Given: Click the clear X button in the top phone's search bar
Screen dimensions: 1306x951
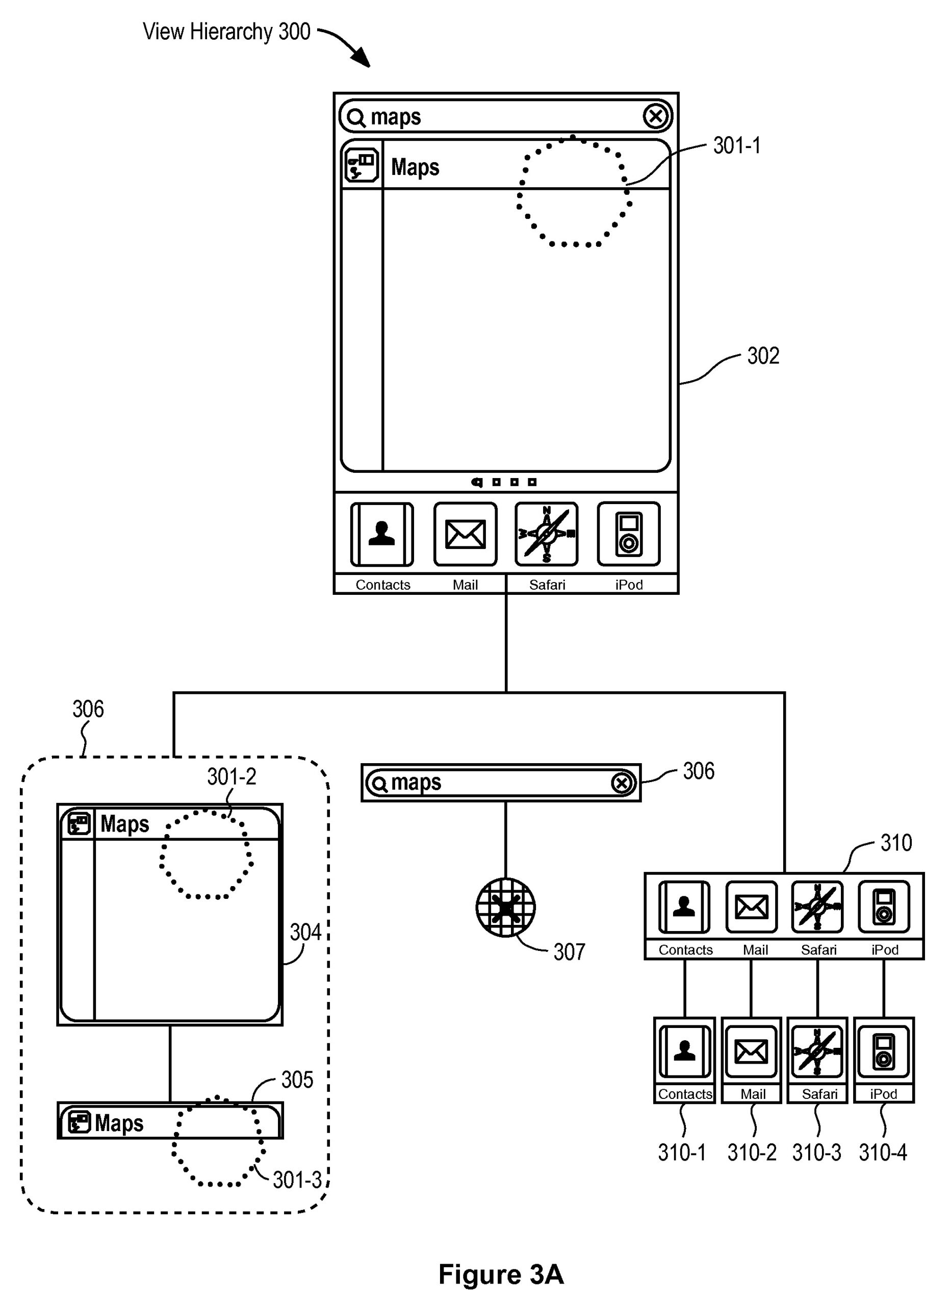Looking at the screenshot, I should click(656, 117).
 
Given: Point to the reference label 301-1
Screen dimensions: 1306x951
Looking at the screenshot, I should click(736, 146).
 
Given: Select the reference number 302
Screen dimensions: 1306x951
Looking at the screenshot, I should click(763, 356).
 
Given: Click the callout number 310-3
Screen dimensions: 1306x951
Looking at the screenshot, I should click(816, 1153).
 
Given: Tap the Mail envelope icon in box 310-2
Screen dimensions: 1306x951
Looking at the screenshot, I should click(751, 1051).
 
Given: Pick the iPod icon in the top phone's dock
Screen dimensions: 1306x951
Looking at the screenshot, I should click(628, 534).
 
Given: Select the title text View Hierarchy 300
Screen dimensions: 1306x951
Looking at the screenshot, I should click(226, 32).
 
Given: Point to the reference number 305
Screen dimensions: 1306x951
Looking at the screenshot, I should click(297, 1079).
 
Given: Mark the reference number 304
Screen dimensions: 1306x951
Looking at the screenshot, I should click(305, 932).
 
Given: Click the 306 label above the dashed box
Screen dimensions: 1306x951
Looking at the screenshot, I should click(88, 709).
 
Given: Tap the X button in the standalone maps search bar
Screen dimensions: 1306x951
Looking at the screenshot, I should click(622, 783).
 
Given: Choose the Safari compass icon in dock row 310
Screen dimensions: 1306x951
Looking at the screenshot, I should click(817, 908).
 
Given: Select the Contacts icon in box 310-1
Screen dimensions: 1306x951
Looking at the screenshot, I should click(684, 1051).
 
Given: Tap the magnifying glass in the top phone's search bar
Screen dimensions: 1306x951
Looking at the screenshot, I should click(356, 118).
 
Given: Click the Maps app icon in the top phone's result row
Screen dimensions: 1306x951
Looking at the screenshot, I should click(362, 165).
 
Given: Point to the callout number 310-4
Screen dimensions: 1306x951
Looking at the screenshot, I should click(883, 1153).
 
